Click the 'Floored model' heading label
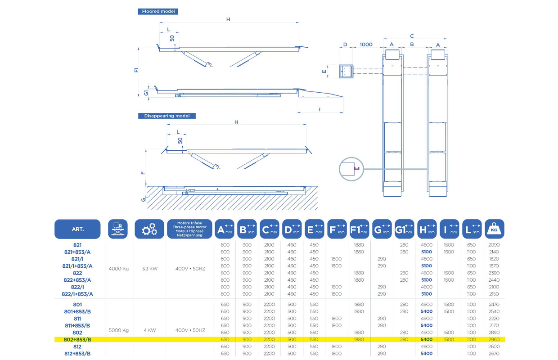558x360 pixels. pyautogui.click(x=157, y=11)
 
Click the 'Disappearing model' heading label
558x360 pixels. pyautogui.click(x=166, y=116)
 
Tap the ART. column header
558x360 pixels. pyautogui.click(x=78, y=229)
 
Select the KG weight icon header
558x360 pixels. pyautogui.click(x=494, y=229)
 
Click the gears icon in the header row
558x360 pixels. pyautogui.click(x=149, y=229)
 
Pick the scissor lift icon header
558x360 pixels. pyautogui.click(x=118, y=229)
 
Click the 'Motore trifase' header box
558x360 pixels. pyautogui.click(x=189, y=229)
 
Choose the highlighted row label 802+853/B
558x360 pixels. pyautogui.click(x=78, y=339)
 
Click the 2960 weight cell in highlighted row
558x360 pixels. pyautogui.click(x=494, y=339)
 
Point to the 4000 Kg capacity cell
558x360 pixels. pyautogui.click(x=119, y=269)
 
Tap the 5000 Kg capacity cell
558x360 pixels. pyautogui.click(x=119, y=330)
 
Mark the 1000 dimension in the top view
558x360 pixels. pyautogui.click(x=366, y=45)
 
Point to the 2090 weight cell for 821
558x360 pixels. pyautogui.click(x=494, y=245)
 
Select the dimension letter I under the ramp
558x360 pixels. pyautogui.click(x=319, y=109)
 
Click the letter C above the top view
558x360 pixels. pyautogui.click(x=412, y=36)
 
